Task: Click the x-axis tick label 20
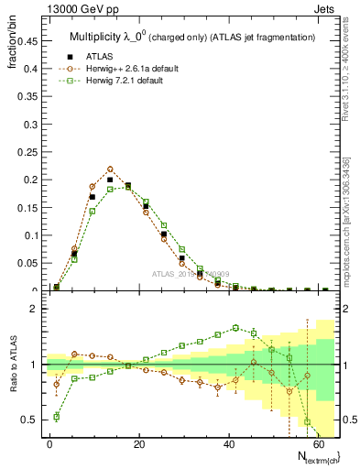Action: (139, 443)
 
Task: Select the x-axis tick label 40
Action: (229, 443)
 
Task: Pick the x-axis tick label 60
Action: (318, 443)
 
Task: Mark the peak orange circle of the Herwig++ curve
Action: (110, 169)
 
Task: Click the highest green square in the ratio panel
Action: (235, 327)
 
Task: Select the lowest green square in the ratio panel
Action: (57, 417)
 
